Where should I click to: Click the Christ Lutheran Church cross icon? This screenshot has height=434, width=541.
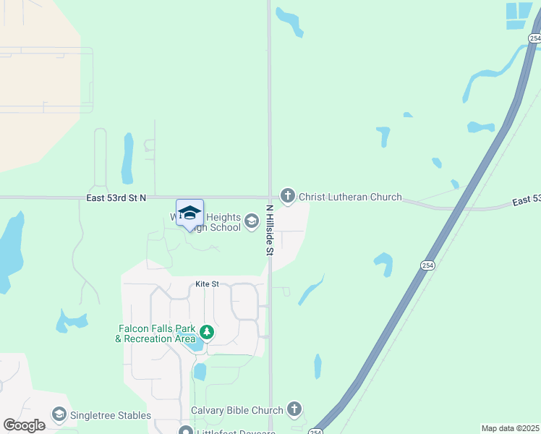click(288, 196)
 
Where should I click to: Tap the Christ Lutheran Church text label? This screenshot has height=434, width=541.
click(350, 197)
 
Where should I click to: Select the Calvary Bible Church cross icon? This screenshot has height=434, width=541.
click(294, 410)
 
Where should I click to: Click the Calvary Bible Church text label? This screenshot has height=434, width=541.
click(237, 410)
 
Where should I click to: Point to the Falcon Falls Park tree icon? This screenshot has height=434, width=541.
click(208, 333)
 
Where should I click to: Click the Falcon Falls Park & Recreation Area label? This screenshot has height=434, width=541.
click(156, 333)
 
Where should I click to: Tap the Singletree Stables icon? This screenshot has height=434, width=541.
click(59, 415)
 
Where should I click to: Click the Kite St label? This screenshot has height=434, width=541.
click(207, 284)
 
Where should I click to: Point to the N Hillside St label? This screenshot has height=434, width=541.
click(269, 230)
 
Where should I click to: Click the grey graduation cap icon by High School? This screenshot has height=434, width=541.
click(252, 221)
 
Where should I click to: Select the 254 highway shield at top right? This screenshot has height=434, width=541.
click(534, 38)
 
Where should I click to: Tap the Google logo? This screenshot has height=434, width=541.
click(25, 425)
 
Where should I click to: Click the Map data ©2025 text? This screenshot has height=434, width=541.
click(510, 428)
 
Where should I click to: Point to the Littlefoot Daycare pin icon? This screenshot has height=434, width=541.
click(187, 431)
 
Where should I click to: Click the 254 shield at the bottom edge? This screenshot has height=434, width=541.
click(315, 431)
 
